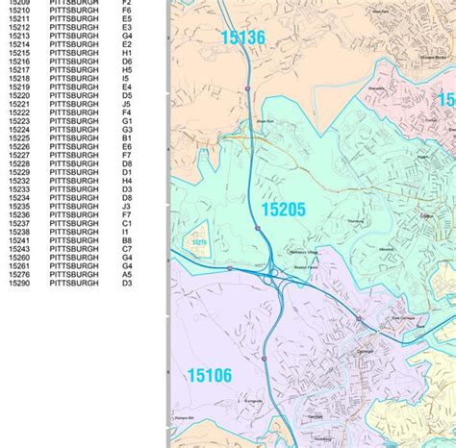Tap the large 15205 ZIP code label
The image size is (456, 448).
click(283, 210)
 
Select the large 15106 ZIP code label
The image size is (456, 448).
click(210, 376)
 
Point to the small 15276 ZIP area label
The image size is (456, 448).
click(199, 243)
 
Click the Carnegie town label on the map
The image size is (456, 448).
click(363, 354)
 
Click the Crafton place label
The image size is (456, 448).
click(427, 216)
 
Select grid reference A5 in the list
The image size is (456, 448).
click(127, 275)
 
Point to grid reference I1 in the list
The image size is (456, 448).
click(127, 232)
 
